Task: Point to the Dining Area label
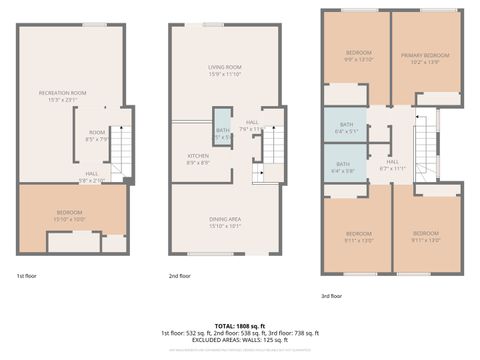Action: [211, 223]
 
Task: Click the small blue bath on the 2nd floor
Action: [222, 133]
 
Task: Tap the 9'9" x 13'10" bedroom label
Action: [358, 56]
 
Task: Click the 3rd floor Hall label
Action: [392, 165]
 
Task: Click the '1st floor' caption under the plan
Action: [27, 274]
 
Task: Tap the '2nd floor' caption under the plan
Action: [180, 274]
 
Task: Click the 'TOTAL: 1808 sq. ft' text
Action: [239, 325]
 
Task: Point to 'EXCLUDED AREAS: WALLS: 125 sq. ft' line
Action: [239, 341]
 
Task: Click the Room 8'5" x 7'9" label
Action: [96, 135]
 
